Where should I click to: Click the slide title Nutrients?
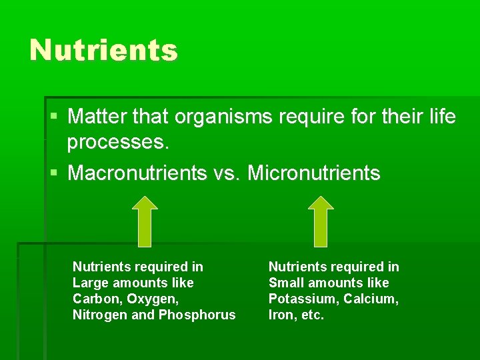pos(103,50)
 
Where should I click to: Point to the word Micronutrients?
pos(314,173)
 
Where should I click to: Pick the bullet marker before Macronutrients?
pos(54,173)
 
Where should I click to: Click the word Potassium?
pos(299,299)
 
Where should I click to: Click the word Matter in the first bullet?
pos(94,117)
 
